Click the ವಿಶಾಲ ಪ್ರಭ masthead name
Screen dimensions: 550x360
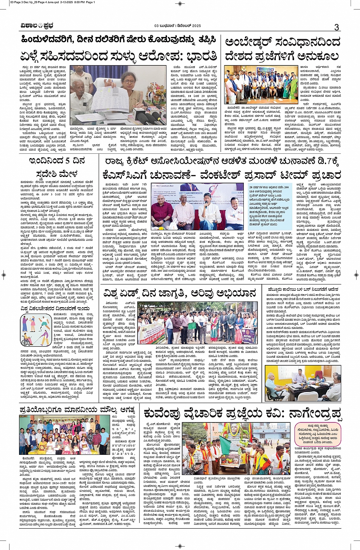[x=37, y=26]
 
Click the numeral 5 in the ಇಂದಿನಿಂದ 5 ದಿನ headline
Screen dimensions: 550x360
[x=66, y=161]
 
